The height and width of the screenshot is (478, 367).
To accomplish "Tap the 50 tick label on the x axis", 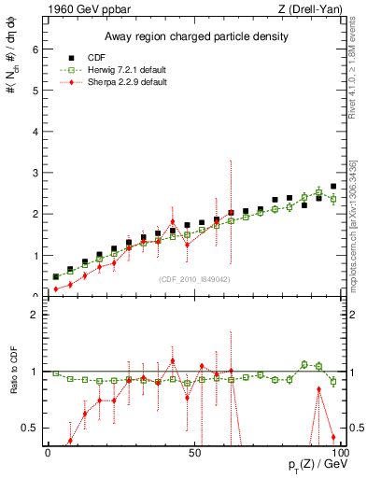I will [x=194, y=452].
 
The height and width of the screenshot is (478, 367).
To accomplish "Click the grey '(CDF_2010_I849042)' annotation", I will [x=194, y=278].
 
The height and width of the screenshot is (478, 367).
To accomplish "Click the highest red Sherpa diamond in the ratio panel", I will [x=172, y=360].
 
